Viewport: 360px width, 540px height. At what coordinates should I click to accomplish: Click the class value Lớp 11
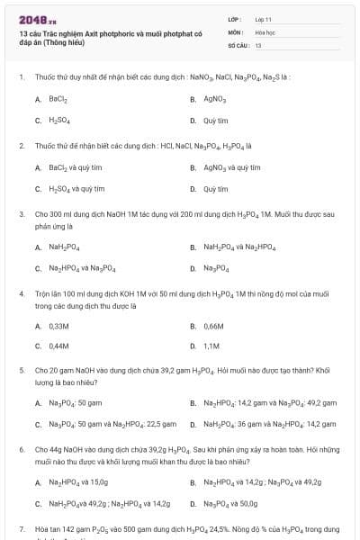[263, 19]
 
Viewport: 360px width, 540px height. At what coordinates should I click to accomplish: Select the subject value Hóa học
[265, 31]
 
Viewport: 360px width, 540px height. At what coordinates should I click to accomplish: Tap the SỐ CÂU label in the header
[237, 44]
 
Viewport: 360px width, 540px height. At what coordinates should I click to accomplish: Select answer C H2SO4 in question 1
[59, 120]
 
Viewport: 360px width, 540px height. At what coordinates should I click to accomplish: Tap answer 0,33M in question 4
[58, 325]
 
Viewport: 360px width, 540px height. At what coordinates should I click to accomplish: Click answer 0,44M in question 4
[58, 346]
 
